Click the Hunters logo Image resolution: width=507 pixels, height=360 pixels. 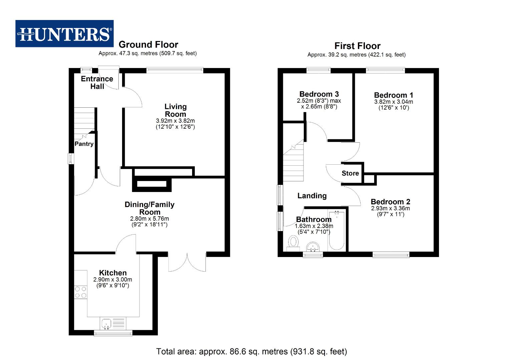tap(64, 34)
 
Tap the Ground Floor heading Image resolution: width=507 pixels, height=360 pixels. tap(148, 45)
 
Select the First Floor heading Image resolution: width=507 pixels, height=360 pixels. tap(357, 46)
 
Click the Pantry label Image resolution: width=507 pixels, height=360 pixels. tap(84, 144)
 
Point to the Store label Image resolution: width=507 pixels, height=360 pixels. tap(350, 173)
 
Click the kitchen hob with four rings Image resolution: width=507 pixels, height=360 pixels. tap(81, 292)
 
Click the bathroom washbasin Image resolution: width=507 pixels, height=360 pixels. tap(313, 247)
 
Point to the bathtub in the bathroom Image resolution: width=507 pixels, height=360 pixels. tap(336, 230)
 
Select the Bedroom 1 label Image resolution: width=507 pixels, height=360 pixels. tap(394, 95)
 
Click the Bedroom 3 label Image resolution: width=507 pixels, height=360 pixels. tap(319, 94)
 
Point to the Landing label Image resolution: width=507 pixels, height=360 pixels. tap(312, 196)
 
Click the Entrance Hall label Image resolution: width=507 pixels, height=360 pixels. tap(97, 82)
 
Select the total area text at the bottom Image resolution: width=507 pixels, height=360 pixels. tap(251, 351)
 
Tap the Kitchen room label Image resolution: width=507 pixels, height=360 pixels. tap(113, 273)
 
